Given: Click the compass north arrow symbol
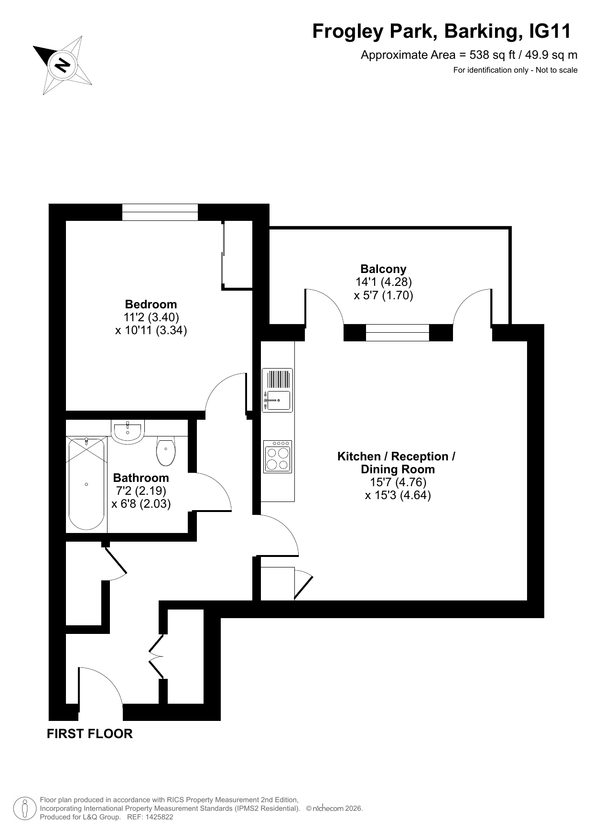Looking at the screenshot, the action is [x=63, y=65].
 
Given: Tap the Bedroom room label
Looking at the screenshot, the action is [x=151, y=305].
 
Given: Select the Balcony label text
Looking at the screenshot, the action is [x=383, y=269].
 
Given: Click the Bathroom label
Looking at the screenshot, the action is [x=141, y=478].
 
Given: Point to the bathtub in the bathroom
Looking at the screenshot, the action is [x=86, y=484].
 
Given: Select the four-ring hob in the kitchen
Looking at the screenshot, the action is [x=277, y=457].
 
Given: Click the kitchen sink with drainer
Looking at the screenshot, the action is [x=277, y=390].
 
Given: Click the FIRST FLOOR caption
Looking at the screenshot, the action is [x=90, y=734].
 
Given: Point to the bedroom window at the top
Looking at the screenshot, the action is [x=160, y=212].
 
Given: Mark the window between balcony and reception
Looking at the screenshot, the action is [x=398, y=333].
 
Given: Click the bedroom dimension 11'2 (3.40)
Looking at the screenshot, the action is [x=151, y=317].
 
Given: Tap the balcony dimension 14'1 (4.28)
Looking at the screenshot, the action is [x=384, y=282].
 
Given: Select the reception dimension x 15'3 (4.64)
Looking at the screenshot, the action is [x=398, y=495].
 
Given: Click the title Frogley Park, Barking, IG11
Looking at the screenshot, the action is [x=442, y=32].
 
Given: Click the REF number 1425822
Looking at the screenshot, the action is [x=158, y=817].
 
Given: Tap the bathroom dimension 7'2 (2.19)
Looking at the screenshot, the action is [x=141, y=490].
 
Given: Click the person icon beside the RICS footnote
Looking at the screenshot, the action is [x=24, y=808].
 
